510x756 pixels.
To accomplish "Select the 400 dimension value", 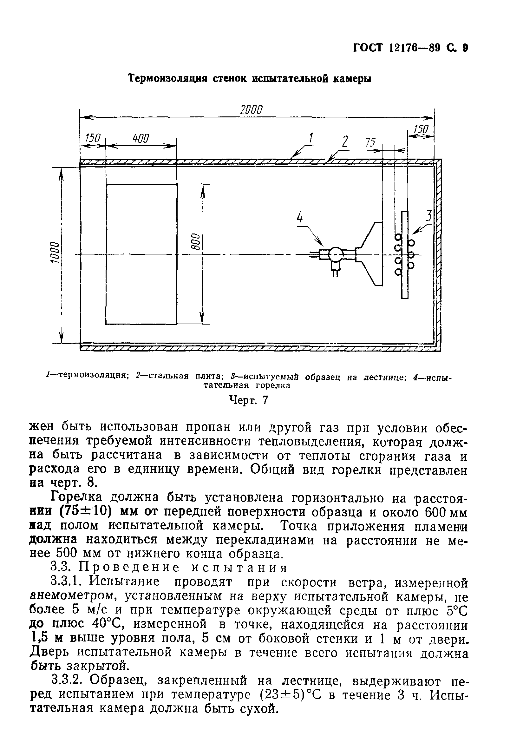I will click(x=141, y=138).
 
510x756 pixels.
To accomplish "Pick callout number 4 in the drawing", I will click(x=299, y=217).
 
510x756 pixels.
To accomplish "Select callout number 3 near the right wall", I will click(x=429, y=216).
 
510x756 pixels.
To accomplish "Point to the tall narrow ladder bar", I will click(x=405, y=254).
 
